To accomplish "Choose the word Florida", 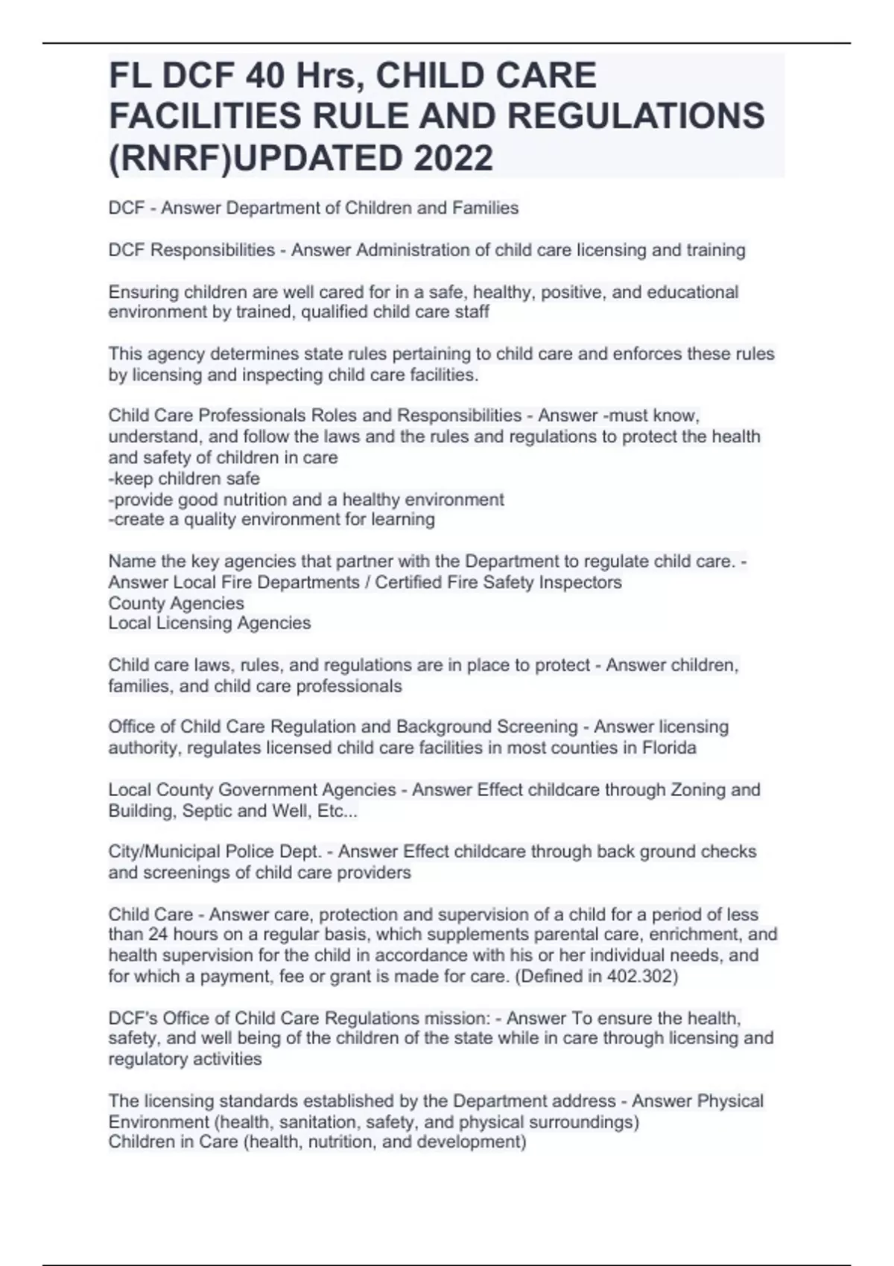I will [x=667, y=747].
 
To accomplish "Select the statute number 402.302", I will [x=640, y=976].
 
